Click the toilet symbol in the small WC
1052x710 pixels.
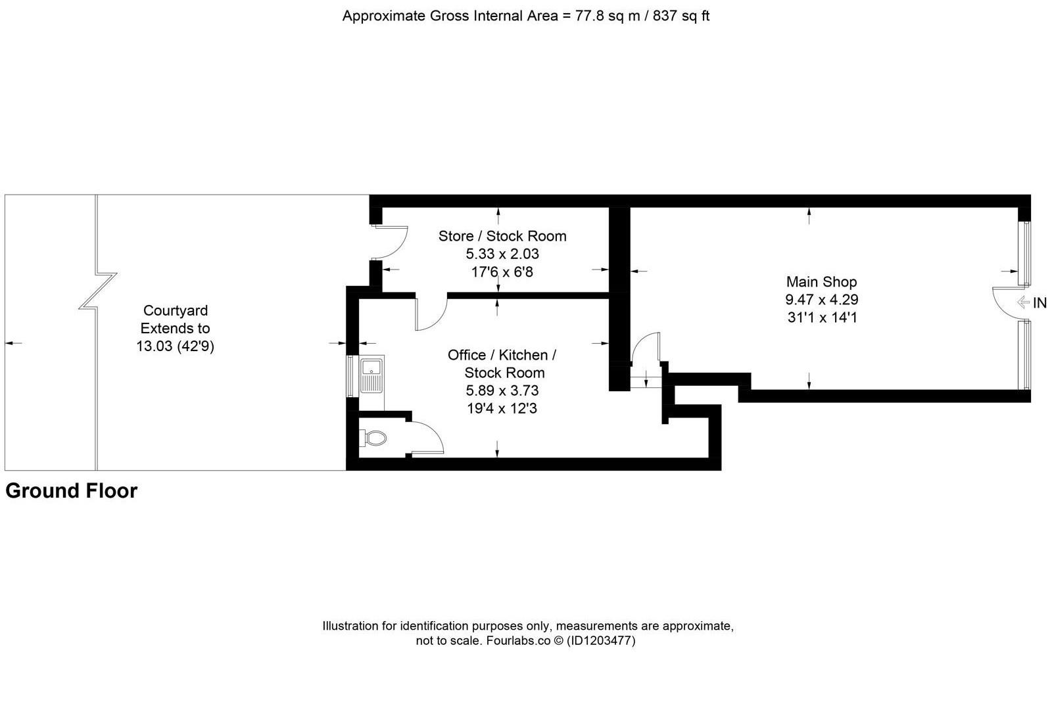tap(373, 438)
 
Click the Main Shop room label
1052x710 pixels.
tap(821, 282)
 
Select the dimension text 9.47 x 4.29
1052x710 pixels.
tap(821, 300)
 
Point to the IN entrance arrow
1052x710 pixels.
tap(1031, 303)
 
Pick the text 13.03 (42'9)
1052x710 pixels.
tap(176, 346)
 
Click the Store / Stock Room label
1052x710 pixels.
tap(502, 236)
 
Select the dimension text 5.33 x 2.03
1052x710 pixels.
tap(502, 254)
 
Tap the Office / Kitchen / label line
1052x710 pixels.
tap(502, 355)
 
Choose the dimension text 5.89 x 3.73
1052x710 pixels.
tap(502, 390)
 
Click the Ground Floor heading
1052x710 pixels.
tap(72, 491)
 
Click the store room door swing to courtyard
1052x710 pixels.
tap(393, 242)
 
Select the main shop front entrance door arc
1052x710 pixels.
tap(1004, 303)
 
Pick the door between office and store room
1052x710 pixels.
tap(431, 313)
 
